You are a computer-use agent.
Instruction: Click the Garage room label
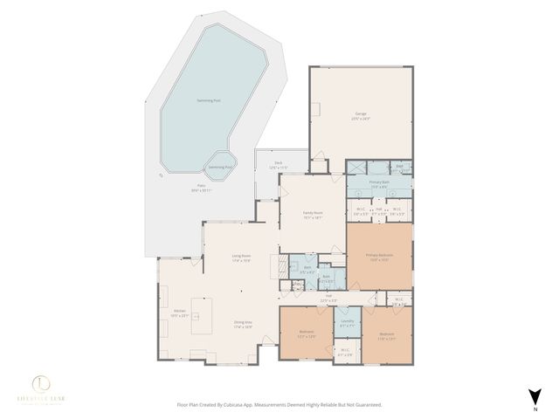tap(362, 114)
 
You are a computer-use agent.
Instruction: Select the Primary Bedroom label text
tap(379, 255)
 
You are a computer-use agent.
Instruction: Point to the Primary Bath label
tap(379, 182)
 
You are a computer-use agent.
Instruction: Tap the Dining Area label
tap(243, 323)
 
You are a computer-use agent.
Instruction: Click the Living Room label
tap(240, 256)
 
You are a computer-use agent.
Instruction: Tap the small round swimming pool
tap(221, 165)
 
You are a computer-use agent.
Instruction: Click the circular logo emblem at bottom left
tap(41, 383)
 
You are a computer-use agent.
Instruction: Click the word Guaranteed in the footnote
tap(365, 405)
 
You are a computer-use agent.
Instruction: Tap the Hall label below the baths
tap(329, 296)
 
